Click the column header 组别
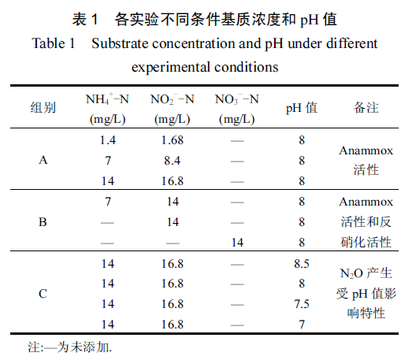pyautogui.click(x=43, y=108)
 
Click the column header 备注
pyautogui.click(x=366, y=108)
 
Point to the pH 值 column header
pyautogui.click(x=302, y=108)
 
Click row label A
pyautogui.click(x=43, y=160)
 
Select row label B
pyautogui.click(x=43, y=222)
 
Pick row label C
pyautogui.click(x=43, y=294)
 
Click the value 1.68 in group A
pyautogui.click(x=173, y=140)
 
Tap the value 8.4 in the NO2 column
pyautogui.click(x=173, y=161)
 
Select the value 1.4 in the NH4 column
pyautogui.click(x=108, y=140)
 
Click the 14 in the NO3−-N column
pyautogui.click(x=237, y=243)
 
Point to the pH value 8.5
pyautogui.click(x=302, y=264)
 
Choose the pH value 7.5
pyautogui.click(x=302, y=304)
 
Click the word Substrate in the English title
pyautogui.click(x=120, y=43)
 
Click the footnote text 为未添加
pyautogui.click(x=84, y=347)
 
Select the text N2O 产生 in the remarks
pyautogui.click(x=366, y=273)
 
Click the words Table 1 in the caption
pyautogui.click(x=54, y=43)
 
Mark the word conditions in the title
pyautogui.click(x=247, y=67)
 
